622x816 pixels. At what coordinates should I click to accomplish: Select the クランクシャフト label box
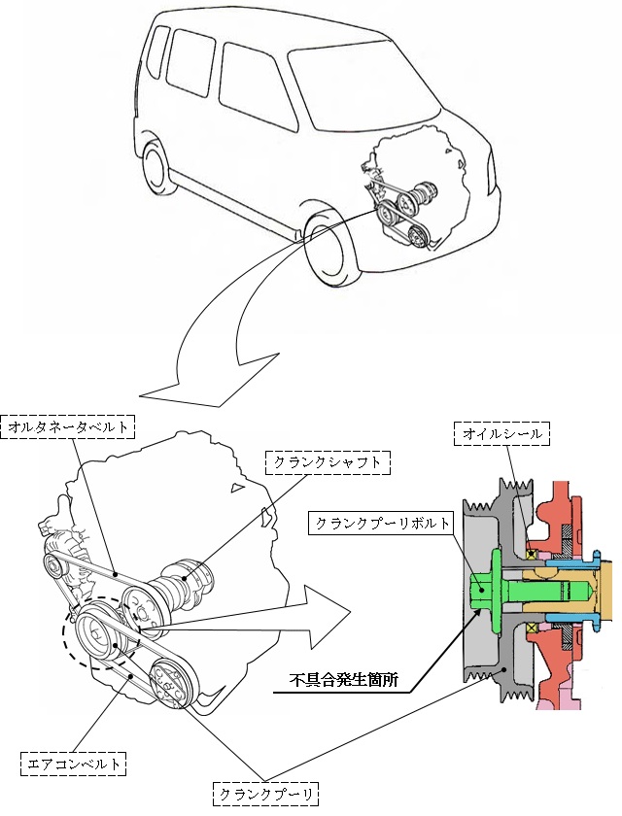[327, 462]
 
